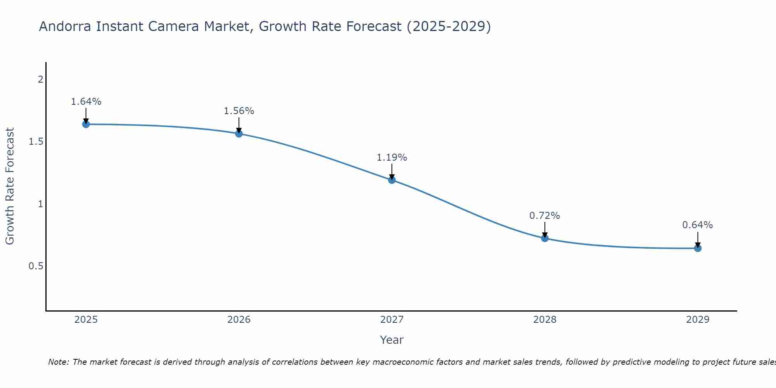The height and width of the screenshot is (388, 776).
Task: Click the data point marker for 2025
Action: tap(86, 124)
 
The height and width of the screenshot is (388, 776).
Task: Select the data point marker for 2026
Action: tap(239, 133)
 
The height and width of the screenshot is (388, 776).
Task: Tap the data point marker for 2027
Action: tap(392, 180)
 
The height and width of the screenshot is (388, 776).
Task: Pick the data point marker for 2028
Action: tap(545, 238)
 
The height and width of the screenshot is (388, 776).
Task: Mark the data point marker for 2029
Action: tap(698, 248)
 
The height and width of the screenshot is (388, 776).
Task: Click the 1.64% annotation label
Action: tap(86, 102)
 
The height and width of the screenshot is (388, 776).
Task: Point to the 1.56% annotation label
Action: tap(239, 111)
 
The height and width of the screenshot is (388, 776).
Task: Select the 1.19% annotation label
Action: tap(392, 158)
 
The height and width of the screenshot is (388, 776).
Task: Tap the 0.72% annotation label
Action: tap(545, 216)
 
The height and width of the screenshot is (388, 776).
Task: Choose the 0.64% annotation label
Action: tap(698, 225)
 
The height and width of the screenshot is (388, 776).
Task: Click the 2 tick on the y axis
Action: tap(40, 79)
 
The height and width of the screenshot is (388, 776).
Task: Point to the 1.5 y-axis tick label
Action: tap(36, 142)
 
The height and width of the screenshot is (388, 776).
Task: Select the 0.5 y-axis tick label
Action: tap(36, 266)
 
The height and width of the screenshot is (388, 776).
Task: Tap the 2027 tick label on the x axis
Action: tap(392, 320)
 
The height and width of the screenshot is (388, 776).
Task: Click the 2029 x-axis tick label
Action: tap(698, 320)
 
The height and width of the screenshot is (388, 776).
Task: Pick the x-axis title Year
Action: tap(392, 340)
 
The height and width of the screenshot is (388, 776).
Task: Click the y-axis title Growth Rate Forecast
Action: tap(10, 186)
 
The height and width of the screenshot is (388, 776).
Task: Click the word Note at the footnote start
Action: tap(58, 362)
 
